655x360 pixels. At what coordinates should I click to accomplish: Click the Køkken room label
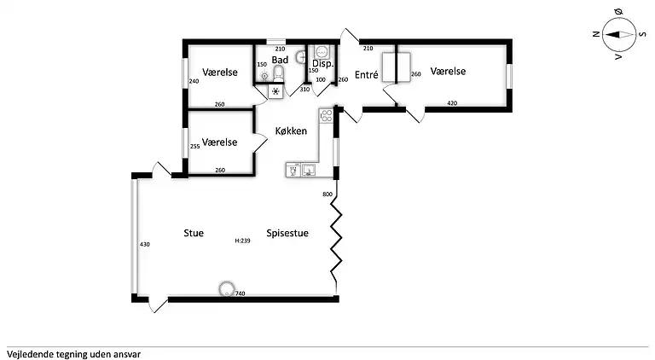click(x=291, y=131)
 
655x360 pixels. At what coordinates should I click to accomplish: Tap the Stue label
click(x=194, y=233)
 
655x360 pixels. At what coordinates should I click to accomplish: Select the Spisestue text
click(x=287, y=233)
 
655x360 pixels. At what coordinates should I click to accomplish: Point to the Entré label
click(x=367, y=75)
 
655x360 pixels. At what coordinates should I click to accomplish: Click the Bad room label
click(x=280, y=60)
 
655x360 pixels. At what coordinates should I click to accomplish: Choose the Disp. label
click(x=323, y=64)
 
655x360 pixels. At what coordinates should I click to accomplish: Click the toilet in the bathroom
click(x=279, y=74)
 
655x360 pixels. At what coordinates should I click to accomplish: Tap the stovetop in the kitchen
click(x=326, y=115)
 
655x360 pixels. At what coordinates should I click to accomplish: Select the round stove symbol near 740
click(x=227, y=289)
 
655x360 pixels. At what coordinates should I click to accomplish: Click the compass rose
click(x=619, y=34)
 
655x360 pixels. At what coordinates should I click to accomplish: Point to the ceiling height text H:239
click(x=242, y=241)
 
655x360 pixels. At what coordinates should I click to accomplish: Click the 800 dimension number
click(x=327, y=195)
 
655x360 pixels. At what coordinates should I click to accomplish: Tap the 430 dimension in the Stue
click(x=144, y=244)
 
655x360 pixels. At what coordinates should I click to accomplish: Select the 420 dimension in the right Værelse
click(x=452, y=103)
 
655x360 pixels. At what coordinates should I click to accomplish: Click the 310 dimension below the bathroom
click(x=304, y=89)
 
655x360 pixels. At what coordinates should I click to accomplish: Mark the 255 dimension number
click(x=195, y=147)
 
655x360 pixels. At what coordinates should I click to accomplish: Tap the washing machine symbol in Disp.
click(x=322, y=52)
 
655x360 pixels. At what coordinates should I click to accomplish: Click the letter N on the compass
click(x=596, y=34)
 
